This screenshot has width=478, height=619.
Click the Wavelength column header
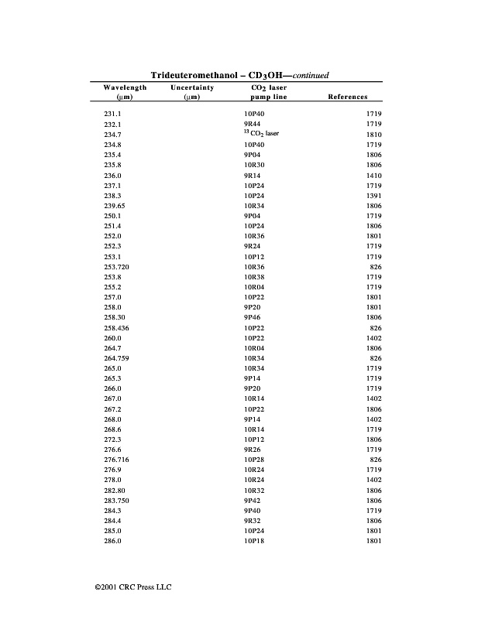click(x=125, y=88)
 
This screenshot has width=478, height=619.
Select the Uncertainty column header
click(x=192, y=88)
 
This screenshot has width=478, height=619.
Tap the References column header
click(x=348, y=97)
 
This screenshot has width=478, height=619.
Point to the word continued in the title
click(x=310, y=76)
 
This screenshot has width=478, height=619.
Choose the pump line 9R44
click(x=252, y=124)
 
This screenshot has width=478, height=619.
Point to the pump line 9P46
click(x=252, y=318)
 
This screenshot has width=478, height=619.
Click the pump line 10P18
click(x=254, y=542)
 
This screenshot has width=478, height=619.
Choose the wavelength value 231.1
click(x=112, y=114)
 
